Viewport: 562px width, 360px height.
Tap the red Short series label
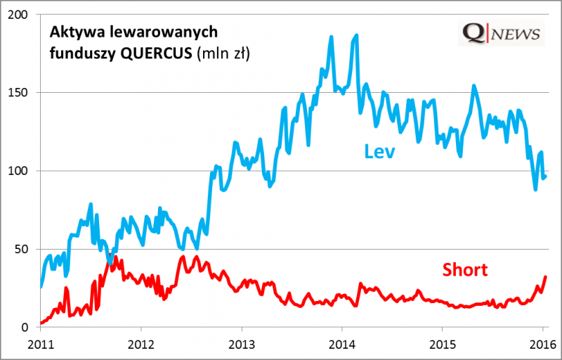coord(464,269)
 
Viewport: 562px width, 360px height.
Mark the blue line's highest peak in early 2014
coord(357,34)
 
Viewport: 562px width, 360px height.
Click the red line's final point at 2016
coord(546,277)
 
